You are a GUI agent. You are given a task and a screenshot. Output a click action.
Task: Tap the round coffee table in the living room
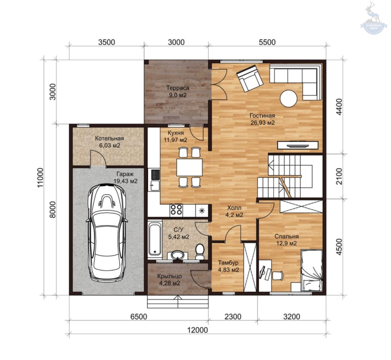pyautogui.click(x=289, y=98)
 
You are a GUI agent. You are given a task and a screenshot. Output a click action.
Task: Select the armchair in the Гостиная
pyautogui.click(x=250, y=78)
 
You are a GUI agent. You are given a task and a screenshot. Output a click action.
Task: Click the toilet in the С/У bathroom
pyautogui.click(x=199, y=252)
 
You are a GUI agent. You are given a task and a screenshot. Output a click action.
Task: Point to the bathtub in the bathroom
pyautogui.click(x=155, y=239)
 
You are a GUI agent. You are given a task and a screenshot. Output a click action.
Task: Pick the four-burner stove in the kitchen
pyautogui.click(x=176, y=210)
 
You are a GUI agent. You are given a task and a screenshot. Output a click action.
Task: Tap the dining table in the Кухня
pyautogui.click(x=189, y=167)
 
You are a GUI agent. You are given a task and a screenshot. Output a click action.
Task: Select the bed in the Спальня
pyautogui.click(x=312, y=271)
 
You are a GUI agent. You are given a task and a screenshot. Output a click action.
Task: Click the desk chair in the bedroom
pyautogui.click(x=277, y=276)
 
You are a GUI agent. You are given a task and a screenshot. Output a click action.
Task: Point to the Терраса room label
pyautogui.click(x=178, y=92)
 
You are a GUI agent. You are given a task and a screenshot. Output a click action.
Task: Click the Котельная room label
pyautogui.click(x=110, y=142)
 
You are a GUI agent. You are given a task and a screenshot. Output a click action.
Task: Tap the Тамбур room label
pyautogui.click(x=228, y=266)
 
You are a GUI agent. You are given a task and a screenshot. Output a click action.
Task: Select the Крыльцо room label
pyautogui.click(x=169, y=280)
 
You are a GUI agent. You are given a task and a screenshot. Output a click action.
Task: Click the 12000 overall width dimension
pyautogui.click(x=197, y=330)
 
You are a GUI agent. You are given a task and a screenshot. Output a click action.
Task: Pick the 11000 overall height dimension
pyautogui.click(x=40, y=178)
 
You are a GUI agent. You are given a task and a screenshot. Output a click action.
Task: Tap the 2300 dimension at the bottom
pyautogui.click(x=233, y=316)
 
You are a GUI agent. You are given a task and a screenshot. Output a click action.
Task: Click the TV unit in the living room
pyautogui.click(x=298, y=145)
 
